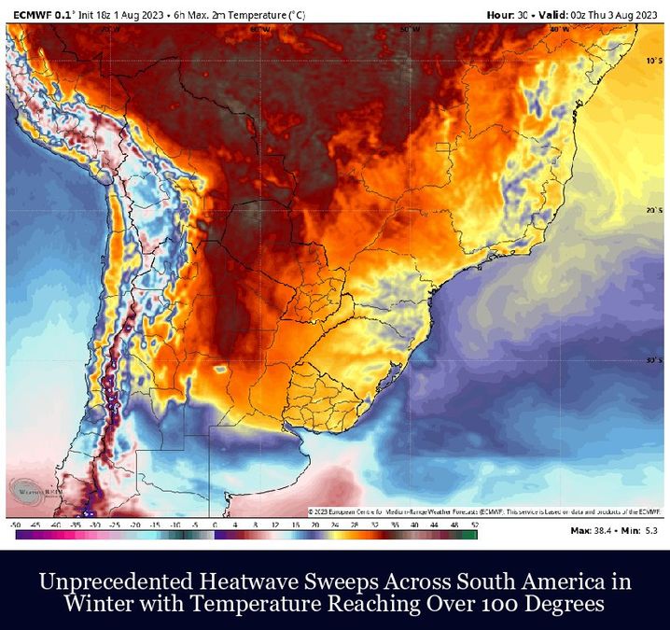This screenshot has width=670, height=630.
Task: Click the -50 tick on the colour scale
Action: pos(17,525)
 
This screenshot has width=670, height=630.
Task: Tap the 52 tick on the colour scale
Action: pos(475,525)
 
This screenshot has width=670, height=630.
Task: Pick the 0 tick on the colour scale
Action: pos(215,525)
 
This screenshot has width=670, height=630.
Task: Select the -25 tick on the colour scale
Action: pos(116,525)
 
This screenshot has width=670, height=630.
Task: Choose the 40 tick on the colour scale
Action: pos(415,525)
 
